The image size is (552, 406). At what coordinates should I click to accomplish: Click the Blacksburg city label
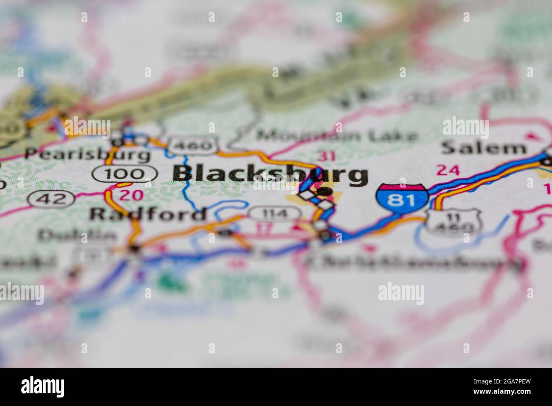(x=270, y=175)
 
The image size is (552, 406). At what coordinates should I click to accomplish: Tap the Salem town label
(x=484, y=148)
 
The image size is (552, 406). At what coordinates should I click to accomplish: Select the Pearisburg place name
(x=87, y=154)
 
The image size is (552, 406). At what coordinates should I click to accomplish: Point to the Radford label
(x=148, y=214)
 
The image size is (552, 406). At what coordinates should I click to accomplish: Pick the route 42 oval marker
(x=52, y=198)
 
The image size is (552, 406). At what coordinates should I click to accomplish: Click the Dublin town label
(x=77, y=235)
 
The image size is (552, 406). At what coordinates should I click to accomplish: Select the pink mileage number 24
(x=448, y=170)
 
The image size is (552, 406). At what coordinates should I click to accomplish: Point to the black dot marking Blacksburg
(x=324, y=191)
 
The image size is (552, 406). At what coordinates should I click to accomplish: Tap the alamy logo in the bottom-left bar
(x=43, y=386)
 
